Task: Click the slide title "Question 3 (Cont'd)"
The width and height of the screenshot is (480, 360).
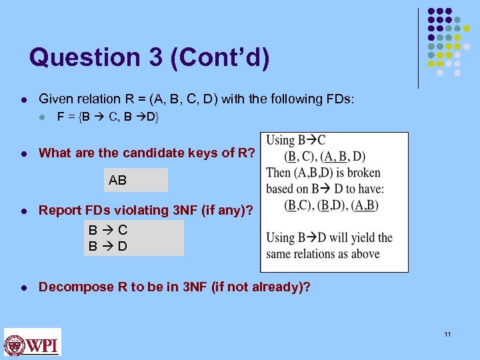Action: (149, 57)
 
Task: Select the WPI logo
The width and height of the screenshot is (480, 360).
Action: (33, 343)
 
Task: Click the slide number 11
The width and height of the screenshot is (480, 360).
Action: (447, 334)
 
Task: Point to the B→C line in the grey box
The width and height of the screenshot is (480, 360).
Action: (109, 230)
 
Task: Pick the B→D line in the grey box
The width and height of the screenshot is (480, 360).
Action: (109, 245)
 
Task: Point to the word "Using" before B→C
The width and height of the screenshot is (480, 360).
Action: (280, 141)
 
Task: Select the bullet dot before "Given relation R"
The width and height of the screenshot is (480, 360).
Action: (23, 99)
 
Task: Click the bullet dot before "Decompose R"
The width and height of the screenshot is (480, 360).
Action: (23, 287)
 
